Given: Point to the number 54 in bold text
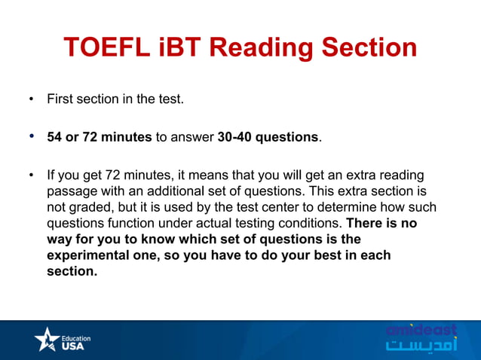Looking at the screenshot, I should click(x=54, y=137).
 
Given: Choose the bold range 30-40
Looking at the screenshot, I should click(x=237, y=137).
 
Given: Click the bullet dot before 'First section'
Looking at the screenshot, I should click(x=31, y=99).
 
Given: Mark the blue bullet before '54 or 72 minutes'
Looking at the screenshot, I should click(x=31, y=137).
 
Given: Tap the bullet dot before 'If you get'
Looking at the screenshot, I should click(x=31, y=175).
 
